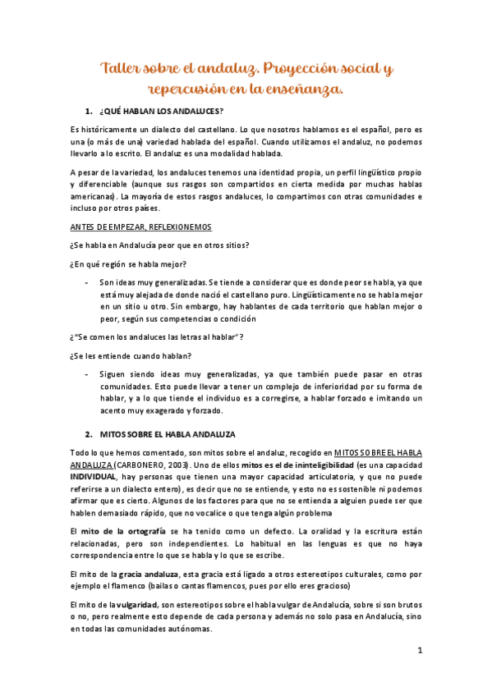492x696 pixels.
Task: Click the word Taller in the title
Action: tap(121, 66)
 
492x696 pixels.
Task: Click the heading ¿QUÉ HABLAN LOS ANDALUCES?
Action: tap(162, 111)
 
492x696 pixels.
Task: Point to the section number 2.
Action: tap(88, 433)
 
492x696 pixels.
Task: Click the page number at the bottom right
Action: tap(419, 651)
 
